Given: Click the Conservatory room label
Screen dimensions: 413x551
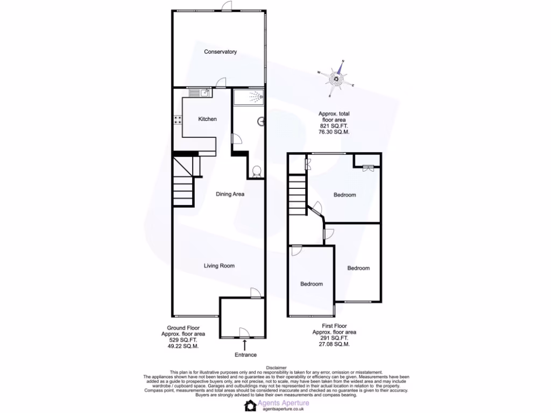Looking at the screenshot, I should [220, 52].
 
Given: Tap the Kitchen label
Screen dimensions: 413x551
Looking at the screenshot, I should [207, 119].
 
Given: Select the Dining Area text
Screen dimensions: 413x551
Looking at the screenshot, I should [230, 194].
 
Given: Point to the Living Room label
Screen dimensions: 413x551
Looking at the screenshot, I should [219, 266].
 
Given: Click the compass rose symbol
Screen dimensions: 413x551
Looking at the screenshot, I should [337, 79].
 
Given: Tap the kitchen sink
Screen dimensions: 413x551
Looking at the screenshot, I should [199, 93].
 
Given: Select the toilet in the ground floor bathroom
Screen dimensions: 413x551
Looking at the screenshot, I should [257, 172].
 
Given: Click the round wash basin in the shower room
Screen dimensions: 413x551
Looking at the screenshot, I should [262, 122].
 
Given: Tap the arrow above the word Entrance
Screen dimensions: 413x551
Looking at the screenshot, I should [245, 344].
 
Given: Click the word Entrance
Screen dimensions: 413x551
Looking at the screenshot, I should [245, 355].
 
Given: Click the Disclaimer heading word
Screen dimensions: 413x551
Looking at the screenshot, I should [276, 368].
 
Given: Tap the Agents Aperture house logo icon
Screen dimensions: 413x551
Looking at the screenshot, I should [250, 406].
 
